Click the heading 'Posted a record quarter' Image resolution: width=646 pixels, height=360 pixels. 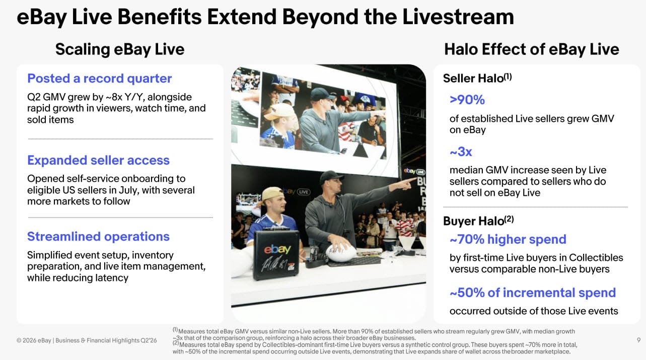100,79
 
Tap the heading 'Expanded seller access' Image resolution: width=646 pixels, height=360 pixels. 98,161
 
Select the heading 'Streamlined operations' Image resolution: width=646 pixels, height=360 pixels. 98,237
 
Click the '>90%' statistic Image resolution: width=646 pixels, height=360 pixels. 467,100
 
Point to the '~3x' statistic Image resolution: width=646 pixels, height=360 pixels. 461,152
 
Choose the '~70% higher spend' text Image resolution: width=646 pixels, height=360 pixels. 508,240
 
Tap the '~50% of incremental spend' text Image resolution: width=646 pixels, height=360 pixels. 533,293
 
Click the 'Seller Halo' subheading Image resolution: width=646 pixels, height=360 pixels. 477,78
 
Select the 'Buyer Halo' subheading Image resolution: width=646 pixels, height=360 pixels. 478,221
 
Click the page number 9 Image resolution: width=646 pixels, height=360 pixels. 639,340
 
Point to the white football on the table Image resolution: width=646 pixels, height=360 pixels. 341,252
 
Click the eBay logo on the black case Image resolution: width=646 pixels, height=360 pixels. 277,249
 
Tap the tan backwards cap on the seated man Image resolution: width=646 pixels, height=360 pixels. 272,195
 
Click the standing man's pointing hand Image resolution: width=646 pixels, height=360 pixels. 407,183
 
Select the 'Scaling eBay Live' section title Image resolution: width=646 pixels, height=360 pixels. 120,49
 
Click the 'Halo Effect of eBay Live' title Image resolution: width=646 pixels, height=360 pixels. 532,49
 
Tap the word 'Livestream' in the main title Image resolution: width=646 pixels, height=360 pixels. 458,17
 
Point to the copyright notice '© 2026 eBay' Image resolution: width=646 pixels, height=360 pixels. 34,340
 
